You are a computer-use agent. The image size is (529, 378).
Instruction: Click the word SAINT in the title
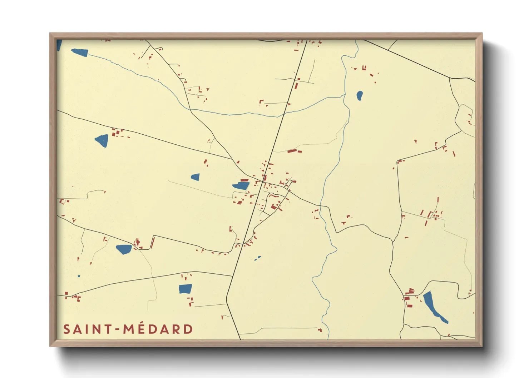click(87, 329)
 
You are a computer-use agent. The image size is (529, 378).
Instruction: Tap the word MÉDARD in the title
click(158, 329)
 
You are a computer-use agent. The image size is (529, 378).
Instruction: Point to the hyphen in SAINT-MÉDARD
click(117, 329)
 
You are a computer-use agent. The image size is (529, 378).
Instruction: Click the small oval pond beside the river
click(360, 95)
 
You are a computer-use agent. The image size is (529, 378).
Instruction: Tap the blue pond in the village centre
click(241, 186)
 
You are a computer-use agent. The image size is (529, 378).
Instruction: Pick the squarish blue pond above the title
click(185, 289)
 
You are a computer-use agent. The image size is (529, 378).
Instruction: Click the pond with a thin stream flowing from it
click(80, 53)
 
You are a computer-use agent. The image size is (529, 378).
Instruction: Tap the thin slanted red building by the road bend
click(152, 243)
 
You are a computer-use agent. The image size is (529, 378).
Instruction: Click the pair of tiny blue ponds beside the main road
click(258, 258)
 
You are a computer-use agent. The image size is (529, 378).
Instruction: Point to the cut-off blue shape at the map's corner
click(59, 45)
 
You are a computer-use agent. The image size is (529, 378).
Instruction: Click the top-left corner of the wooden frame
click(50, 34)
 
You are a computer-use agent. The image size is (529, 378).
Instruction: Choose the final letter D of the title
click(188, 329)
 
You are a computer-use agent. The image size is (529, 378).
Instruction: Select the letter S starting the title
click(66, 329)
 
